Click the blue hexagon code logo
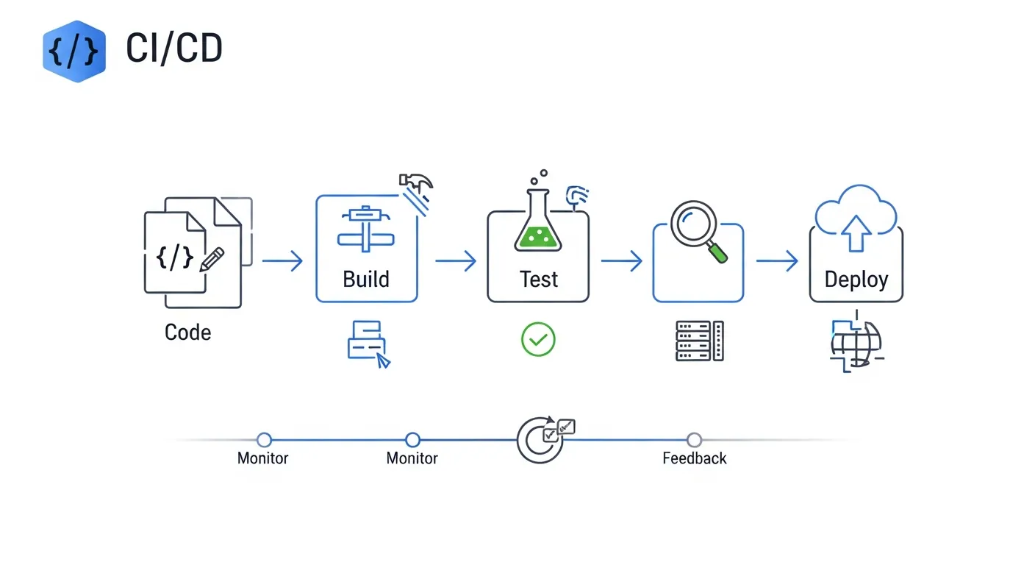pos(74,51)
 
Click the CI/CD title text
pos(174,49)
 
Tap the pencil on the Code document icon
pos(212,259)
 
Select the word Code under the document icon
pos(187,333)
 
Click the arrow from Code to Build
pos(282,261)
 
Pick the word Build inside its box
pos(366,280)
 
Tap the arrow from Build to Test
pos(456,261)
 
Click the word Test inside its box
pos(538,280)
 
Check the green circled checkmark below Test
pos(538,340)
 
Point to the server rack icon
pos(699,341)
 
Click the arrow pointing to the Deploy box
pos(777,261)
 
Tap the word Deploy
pos(856,280)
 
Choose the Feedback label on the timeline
pos(694,458)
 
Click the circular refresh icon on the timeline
pos(539,441)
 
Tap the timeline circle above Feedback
pos(694,440)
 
